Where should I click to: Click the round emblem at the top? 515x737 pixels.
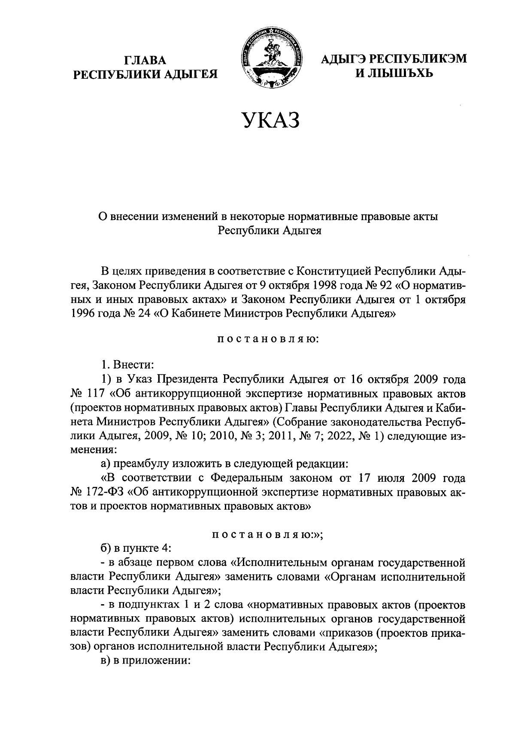click(271, 59)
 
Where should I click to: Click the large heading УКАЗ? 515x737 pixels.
click(270, 120)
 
